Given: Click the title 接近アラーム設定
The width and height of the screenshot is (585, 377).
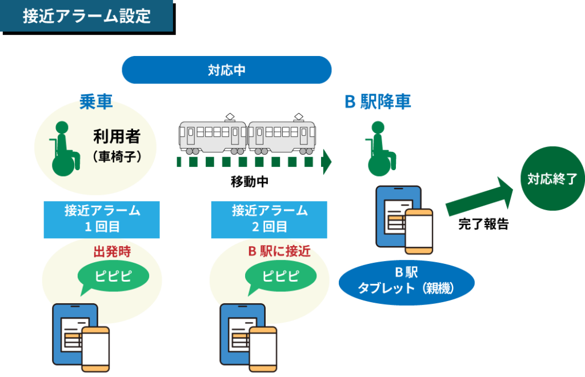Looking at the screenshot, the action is [x=87, y=16].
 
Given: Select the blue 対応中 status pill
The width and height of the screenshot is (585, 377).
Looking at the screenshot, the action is [x=226, y=70].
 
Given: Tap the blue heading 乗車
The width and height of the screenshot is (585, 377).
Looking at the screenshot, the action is [x=96, y=102].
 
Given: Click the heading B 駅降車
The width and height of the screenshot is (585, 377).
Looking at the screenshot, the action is [x=378, y=102].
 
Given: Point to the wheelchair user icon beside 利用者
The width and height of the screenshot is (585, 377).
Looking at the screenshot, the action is [x=64, y=149].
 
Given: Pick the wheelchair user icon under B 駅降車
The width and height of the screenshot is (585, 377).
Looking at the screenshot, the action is [x=380, y=149].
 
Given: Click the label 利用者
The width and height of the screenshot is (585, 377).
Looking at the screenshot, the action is [x=117, y=136].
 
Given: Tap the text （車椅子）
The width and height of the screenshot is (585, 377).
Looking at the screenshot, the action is [x=117, y=157].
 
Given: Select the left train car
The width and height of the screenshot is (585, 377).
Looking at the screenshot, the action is [x=213, y=135].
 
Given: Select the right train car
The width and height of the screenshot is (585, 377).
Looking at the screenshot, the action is [x=282, y=135].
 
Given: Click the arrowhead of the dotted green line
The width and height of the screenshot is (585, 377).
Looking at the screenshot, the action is [x=327, y=162].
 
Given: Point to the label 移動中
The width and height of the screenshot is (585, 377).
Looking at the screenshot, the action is [x=250, y=182].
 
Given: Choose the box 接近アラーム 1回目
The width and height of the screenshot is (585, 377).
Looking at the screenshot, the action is [x=102, y=220].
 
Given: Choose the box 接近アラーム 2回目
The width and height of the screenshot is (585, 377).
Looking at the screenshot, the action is [x=269, y=220].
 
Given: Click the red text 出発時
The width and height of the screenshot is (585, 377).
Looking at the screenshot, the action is [x=112, y=252].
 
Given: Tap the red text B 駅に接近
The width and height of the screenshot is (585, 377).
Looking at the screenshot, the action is [x=279, y=251].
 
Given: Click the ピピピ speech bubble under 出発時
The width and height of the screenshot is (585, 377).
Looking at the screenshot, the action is [x=113, y=276].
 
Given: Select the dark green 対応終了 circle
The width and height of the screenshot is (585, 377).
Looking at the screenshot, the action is [x=552, y=179].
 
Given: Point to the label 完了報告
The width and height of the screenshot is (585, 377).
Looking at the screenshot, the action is [x=483, y=224].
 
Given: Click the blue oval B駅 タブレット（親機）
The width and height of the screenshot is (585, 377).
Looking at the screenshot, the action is [x=406, y=283].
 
